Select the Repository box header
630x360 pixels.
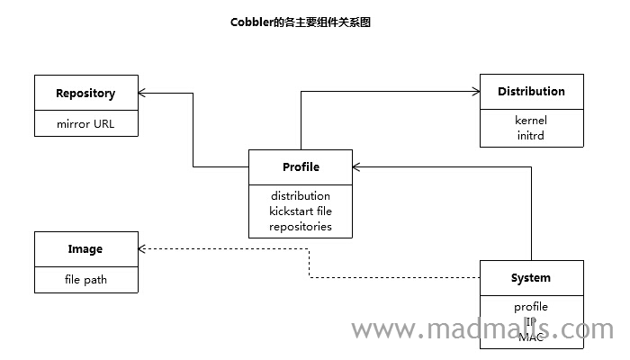point(85,93)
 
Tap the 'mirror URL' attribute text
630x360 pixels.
point(85,123)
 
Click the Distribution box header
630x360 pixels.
point(531,91)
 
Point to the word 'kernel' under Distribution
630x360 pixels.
point(531,120)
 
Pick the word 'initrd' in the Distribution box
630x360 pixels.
point(531,135)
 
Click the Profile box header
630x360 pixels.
point(301,166)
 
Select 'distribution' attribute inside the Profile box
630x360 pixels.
point(301,195)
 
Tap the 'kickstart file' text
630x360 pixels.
point(301,211)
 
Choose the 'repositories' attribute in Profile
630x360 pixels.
point(301,226)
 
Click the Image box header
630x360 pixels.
point(85,248)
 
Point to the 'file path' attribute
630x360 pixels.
point(85,279)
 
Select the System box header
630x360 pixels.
point(531,277)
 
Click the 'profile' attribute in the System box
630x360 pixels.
point(531,307)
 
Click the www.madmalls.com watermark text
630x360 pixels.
point(481,330)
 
